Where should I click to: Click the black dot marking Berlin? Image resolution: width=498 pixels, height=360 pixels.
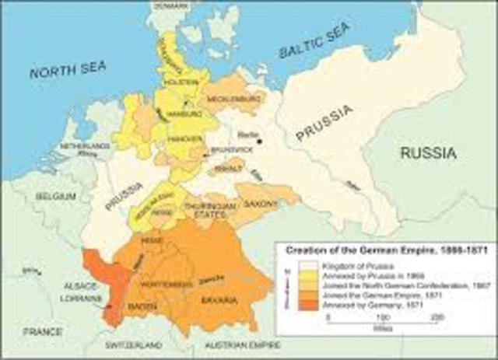point(260,141)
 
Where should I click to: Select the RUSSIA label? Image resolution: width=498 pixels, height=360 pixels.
point(428,153)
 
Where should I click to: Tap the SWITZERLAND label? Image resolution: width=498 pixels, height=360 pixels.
point(135,344)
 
